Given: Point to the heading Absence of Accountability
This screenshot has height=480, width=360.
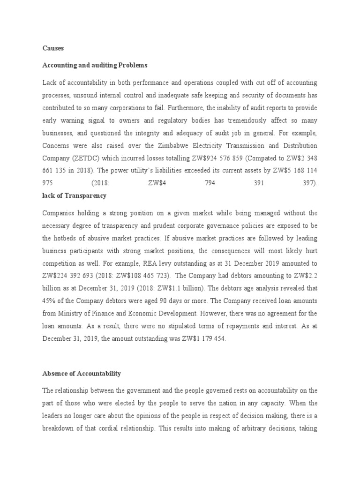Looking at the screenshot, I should tap(82, 373).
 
